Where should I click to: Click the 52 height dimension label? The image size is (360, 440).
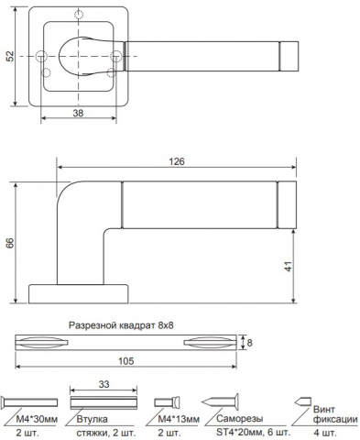(11, 56)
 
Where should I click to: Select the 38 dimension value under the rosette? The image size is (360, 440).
(78, 113)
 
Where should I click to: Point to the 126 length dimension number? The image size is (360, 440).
(177, 161)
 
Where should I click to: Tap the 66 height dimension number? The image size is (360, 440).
(11, 243)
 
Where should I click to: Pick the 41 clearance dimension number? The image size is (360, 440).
(289, 266)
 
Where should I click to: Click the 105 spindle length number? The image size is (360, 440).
(126, 361)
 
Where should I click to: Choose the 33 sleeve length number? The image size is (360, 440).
(104, 384)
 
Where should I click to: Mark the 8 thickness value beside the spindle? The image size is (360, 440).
(249, 343)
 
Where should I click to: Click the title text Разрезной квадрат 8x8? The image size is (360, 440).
(121, 325)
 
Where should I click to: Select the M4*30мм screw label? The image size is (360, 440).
(37, 419)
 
